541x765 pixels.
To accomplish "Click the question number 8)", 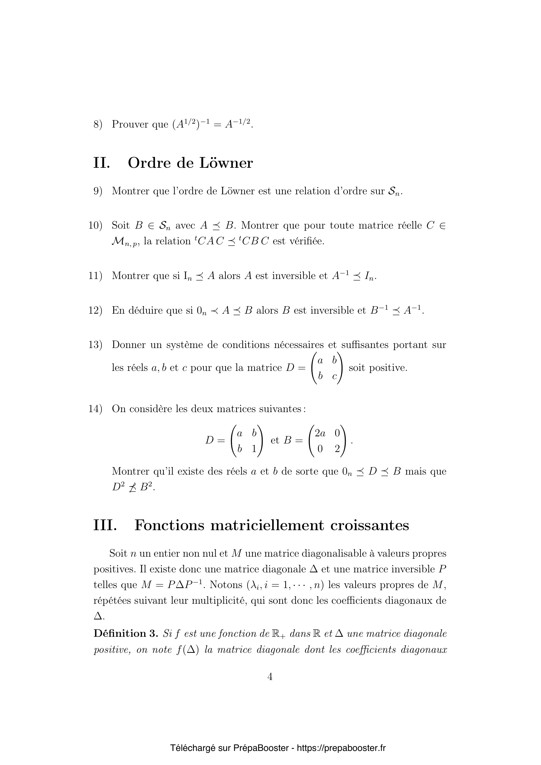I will [97, 124].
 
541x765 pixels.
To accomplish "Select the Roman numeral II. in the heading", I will [102, 163].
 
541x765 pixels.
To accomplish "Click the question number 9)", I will [97, 191].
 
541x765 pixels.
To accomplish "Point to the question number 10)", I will [95, 226].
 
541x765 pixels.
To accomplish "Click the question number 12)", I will [95, 310].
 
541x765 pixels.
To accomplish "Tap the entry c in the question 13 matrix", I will [335, 377].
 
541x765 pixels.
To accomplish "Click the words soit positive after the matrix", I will [378, 368].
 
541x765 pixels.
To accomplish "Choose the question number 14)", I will [95, 409].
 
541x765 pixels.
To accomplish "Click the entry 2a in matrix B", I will [320, 433].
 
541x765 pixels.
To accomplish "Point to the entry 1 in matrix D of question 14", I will [254, 449].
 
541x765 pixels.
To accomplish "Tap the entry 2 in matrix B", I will [337, 449].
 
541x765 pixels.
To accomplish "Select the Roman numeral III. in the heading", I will [105, 526].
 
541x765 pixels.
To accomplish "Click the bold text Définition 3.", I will [126, 634].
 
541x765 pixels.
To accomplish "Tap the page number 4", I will [270, 677].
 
